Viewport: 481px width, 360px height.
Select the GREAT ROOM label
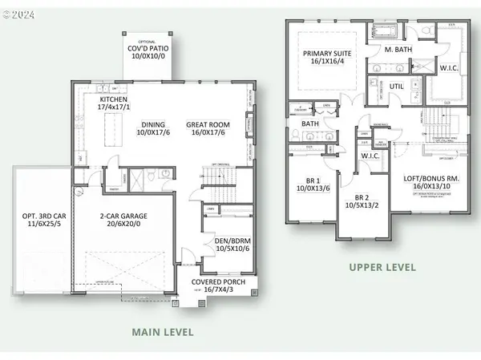206,124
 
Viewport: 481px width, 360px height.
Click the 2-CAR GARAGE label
123,217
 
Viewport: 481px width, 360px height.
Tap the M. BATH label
398,51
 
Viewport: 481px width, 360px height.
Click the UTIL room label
397,85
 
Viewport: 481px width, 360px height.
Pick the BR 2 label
362,196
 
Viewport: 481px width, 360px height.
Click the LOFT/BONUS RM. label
433,180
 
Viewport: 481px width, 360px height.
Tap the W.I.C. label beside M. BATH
450,68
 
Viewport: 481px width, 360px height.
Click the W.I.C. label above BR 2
370,155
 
